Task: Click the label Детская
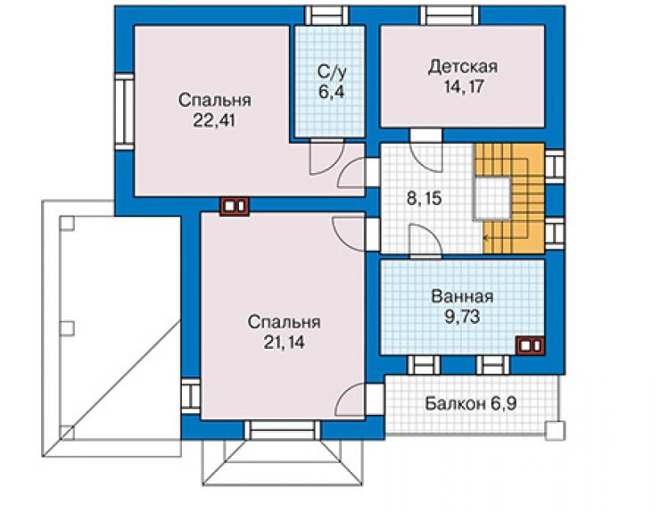[x=463, y=68]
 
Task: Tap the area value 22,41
[x=214, y=120]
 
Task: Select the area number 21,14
[x=285, y=343]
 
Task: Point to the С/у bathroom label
[x=332, y=72]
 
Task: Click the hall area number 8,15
[x=425, y=198]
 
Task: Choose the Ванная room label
[x=462, y=297]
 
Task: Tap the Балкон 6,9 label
[x=470, y=404]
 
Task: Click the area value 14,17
[x=464, y=87]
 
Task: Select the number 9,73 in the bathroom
[x=462, y=317]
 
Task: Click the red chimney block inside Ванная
[x=531, y=345]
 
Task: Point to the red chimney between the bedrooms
[x=235, y=206]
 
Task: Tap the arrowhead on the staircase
[x=486, y=238]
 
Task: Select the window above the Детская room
[x=450, y=15]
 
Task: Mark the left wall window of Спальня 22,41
[x=125, y=112]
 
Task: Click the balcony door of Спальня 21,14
[x=360, y=400]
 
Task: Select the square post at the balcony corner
[x=555, y=431]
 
